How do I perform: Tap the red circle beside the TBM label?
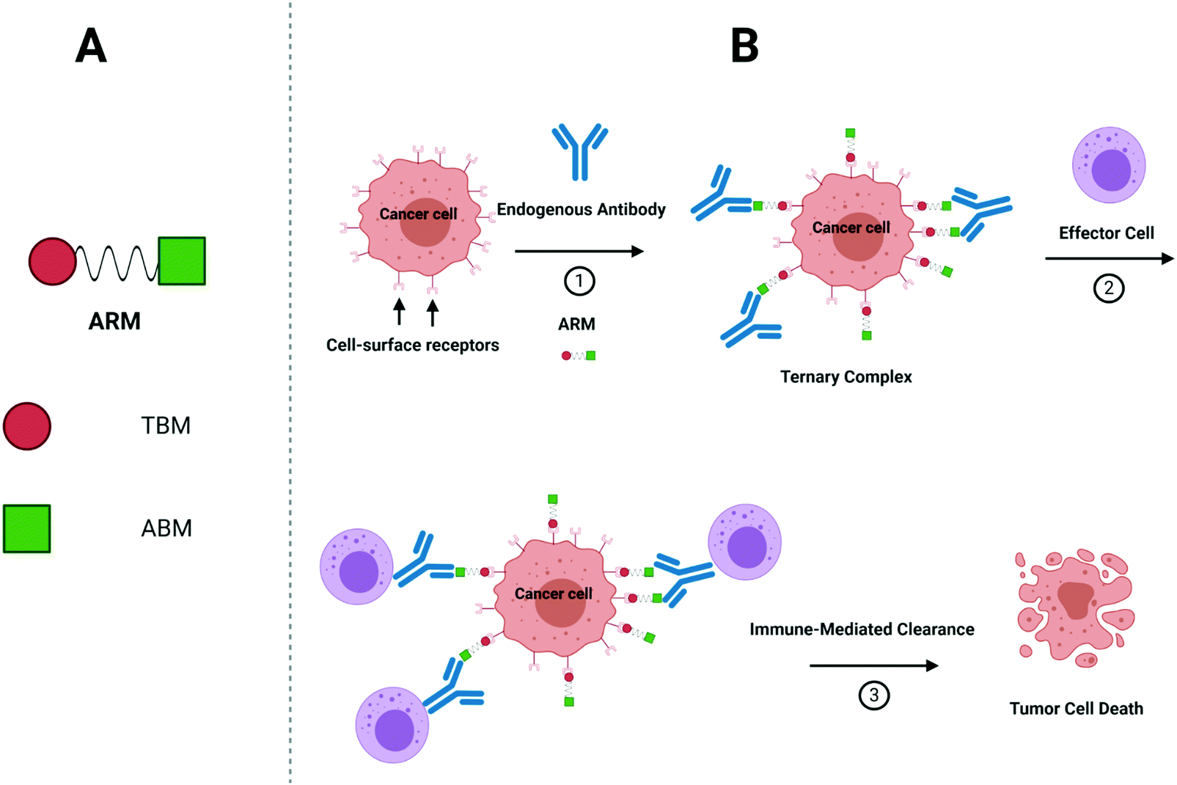coord(27,426)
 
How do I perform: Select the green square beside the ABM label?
coord(27,528)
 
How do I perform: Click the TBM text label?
coord(166,426)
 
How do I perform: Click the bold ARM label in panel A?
coord(114,321)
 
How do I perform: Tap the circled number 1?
coord(579,281)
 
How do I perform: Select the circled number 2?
coord(1108,288)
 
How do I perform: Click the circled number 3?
coord(873,695)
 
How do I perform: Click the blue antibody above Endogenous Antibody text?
coord(579,150)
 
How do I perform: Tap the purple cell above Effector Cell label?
coord(1108,165)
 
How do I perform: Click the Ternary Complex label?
coord(846,377)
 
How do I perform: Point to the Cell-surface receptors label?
coord(412,346)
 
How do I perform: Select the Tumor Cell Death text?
coord(1076,709)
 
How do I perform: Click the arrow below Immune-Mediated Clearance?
coord(873,665)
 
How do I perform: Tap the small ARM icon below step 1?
coord(578,356)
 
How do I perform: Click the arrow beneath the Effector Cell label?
coord(1108,258)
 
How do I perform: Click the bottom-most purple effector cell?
coord(392,725)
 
